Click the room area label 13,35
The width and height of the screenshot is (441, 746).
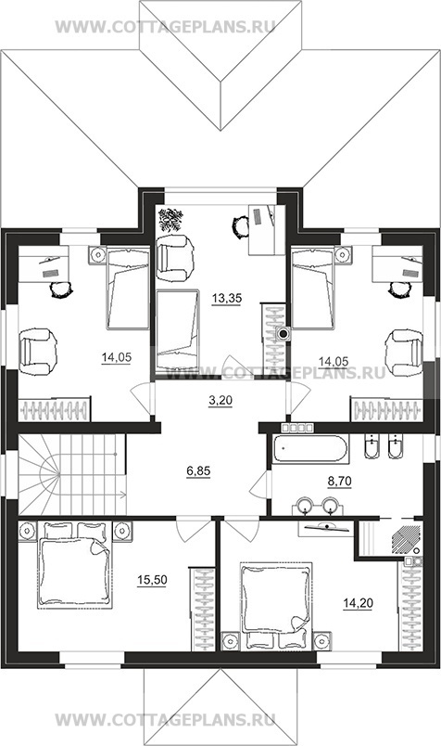click(227, 299)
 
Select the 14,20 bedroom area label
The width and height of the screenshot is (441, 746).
click(358, 603)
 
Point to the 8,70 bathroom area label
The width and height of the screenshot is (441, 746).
click(340, 482)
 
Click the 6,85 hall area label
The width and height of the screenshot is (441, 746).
click(198, 471)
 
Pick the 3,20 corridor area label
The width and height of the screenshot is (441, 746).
click(220, 401)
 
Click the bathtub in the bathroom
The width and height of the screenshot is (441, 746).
click(310, 448)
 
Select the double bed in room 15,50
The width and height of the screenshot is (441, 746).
click(75, 565)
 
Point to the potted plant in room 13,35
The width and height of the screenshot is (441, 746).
click(171, 219)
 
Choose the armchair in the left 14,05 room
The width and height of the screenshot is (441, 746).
click(38, 353)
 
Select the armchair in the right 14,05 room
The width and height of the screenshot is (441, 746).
click(405, 353)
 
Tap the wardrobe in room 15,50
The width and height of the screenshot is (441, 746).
click(203, 609)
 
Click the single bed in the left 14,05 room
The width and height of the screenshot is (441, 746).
click(128, 288)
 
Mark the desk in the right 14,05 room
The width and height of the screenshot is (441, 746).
click(397, 264)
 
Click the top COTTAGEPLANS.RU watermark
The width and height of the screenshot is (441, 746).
click(165, 26)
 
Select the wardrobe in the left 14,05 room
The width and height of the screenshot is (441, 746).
click(54, 409)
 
